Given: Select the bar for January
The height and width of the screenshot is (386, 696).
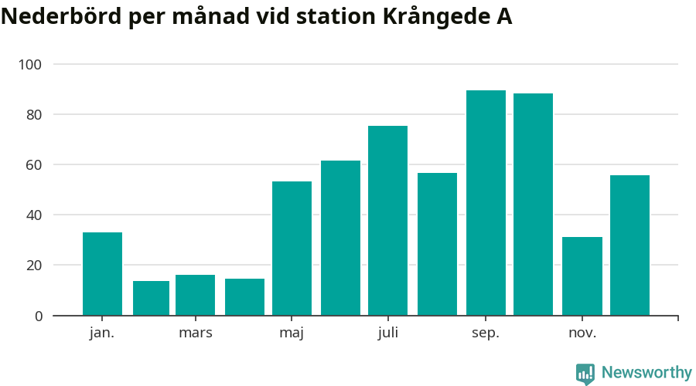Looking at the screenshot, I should (x=102, y=274).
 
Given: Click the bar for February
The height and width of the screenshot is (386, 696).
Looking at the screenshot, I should (x=151, y=298).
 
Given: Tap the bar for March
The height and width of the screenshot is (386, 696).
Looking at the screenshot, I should (x=195, y=295).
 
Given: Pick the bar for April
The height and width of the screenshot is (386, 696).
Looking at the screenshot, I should (x=244, y=297).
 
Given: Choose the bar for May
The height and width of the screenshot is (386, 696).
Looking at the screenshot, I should (x=292, y=249).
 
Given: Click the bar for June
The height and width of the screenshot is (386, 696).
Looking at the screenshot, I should (x=340, y=238).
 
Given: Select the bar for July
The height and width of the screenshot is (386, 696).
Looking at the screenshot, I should (x=387, y=221).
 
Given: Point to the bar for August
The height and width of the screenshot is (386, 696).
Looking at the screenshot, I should (x=437, y=244).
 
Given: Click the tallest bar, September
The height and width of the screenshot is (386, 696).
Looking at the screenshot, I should (x=486, y=203).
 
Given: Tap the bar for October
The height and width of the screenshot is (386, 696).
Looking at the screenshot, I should (x=533, y=205).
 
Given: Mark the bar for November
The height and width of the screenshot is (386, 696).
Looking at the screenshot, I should (x=582, y=276).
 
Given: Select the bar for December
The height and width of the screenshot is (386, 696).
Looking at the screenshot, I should (x=629, y=245).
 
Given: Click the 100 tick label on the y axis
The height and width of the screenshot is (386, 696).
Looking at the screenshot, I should (x=31, y=64).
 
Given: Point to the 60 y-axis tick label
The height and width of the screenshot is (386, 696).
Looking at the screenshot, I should (x=34, y=164).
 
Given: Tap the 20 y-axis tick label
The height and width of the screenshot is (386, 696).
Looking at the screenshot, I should (x=34, y=266).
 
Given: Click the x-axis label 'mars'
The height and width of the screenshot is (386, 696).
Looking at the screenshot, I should (x=195, y=334).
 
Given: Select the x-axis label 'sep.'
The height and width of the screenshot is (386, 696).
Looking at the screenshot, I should (x=486, y=334).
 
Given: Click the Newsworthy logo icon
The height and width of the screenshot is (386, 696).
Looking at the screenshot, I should (x=585, y=374).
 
